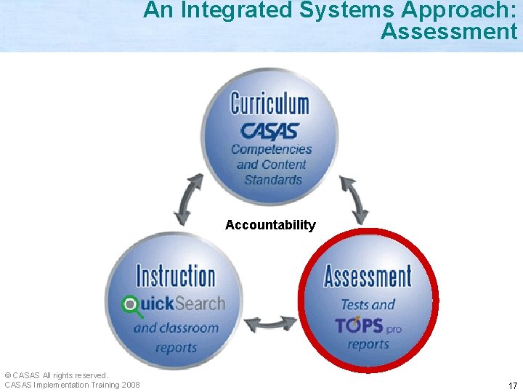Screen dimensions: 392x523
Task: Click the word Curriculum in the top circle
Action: coord(269,103)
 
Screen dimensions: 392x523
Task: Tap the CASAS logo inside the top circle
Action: coord(269,131)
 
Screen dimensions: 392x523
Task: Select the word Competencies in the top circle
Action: coord(271,150)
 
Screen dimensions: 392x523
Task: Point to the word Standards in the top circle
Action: coord(273,179)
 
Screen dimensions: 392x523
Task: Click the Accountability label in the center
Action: coord(270,225)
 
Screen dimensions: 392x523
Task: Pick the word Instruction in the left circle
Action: coord(176,277)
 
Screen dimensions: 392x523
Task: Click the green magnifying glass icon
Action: coord(131,305)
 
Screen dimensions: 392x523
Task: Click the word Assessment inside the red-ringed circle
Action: coord(367,277)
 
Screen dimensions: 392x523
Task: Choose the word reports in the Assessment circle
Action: coord(368,344)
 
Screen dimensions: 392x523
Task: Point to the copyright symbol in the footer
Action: coord(7,375)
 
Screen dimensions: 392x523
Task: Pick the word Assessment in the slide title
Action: coord(448,31)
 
